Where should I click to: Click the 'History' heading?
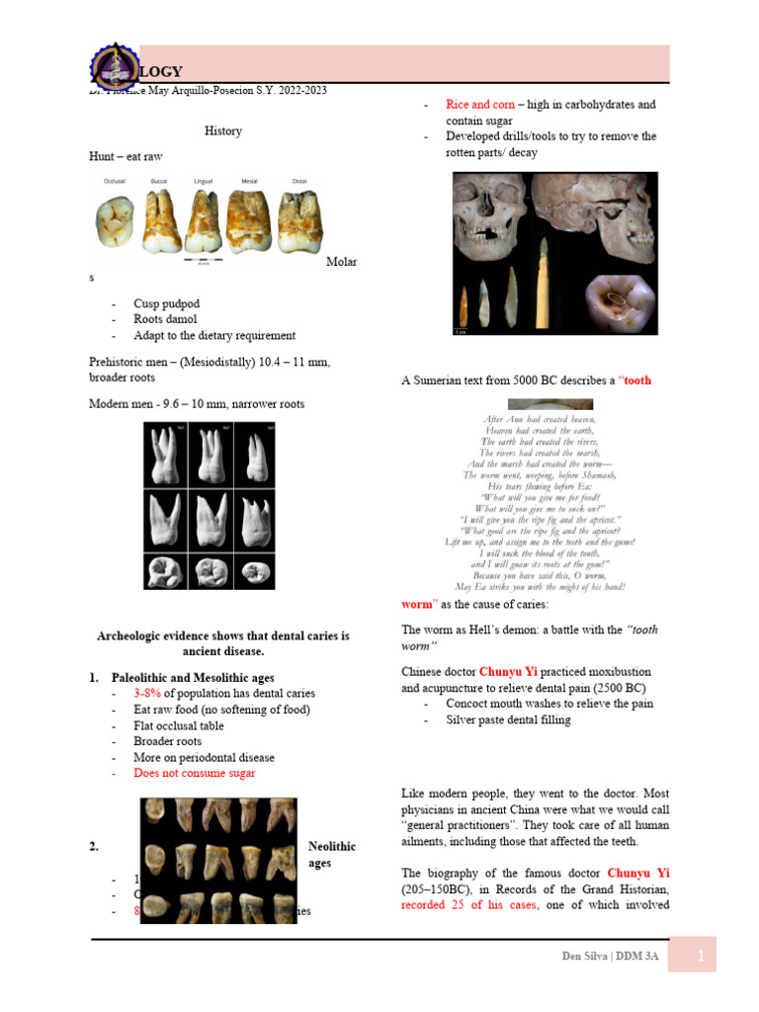[x=222, y=130]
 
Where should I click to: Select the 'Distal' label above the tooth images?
[x=299, y=181]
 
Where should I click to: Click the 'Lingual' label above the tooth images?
[x=203, y=181]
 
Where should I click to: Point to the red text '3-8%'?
[x=149, y=694]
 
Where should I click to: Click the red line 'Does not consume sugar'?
[x=194, y=773]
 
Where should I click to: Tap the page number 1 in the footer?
[x=700, y=955]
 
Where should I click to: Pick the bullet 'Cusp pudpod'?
[x=166, y=303]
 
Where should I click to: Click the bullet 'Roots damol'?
[x=165, y=319]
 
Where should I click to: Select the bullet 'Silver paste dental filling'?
[x=508, y=720]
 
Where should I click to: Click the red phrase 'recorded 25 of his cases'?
[x=467, y=904]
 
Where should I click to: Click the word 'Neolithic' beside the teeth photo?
[x=331, y=847]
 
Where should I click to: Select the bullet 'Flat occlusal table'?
[x=179, y=725]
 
